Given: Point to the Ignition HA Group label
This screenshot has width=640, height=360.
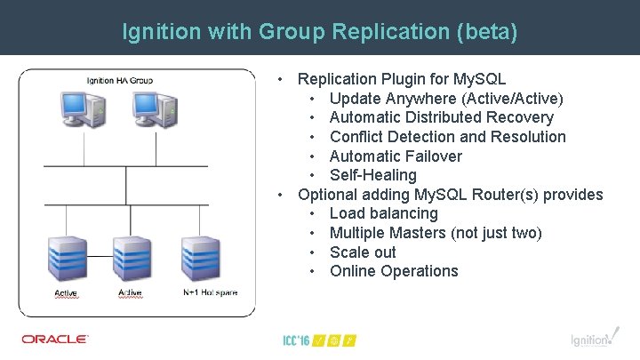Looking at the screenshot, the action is [120, 81].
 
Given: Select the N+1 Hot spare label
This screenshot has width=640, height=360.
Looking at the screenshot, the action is [210, 292].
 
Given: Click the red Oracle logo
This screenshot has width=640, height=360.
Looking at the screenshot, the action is [55, 339].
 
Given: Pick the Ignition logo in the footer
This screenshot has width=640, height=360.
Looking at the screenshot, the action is [591, 339].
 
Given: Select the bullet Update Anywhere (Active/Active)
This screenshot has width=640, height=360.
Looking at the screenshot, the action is [445, 98].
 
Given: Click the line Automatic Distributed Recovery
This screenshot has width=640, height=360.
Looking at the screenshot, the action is [441, 117].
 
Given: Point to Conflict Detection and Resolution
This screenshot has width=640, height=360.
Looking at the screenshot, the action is [447, 137].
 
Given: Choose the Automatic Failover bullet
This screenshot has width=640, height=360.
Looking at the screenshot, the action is [396, 156].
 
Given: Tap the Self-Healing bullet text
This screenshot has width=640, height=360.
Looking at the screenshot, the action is [372, 175].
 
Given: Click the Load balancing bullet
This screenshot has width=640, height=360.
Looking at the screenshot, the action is [383, 213].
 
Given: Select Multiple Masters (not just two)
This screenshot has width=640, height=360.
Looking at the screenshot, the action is [436, 233].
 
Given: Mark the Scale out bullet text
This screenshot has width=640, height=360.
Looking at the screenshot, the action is [363, 252].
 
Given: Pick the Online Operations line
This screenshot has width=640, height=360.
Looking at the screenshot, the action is [394, 271].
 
